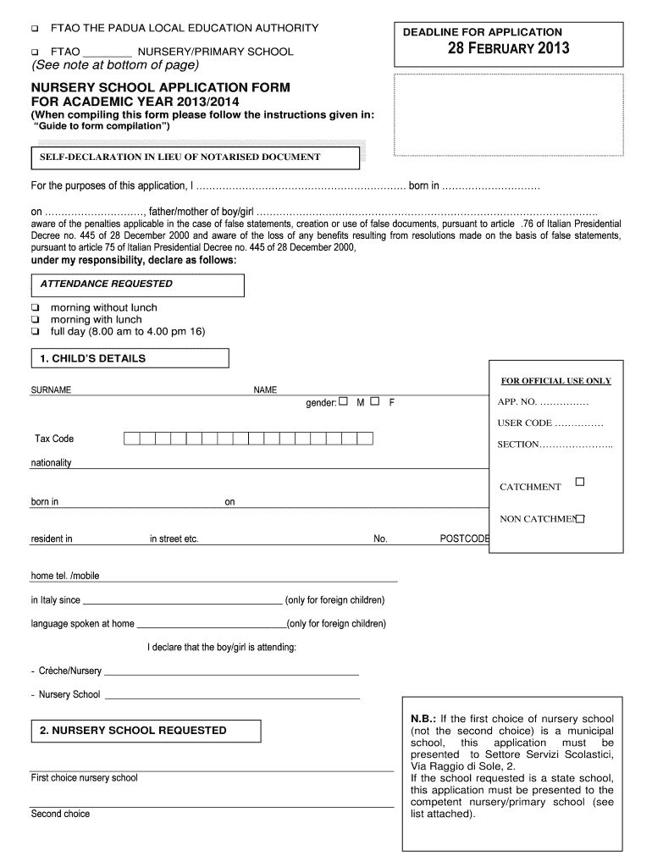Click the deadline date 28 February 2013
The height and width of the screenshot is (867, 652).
coord(508,48)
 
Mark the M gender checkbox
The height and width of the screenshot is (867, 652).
coord(344,401)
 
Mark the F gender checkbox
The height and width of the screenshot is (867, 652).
coord(374,401)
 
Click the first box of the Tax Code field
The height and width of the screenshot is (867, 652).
coord(131,439)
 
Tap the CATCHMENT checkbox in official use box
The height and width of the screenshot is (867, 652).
coord(580,482)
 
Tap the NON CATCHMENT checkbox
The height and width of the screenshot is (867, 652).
coord(581,517)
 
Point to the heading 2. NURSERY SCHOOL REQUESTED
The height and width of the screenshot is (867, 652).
coord(133,730)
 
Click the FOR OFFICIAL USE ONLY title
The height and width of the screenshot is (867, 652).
coord(556,381)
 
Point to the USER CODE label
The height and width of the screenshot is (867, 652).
coord(525,422)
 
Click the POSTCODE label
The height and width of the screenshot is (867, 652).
coord(464,538)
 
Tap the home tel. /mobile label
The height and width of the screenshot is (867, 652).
coord(65,576)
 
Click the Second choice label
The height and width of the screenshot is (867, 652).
coord(60,814)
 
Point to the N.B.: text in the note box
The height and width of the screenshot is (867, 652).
coord(423,719)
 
